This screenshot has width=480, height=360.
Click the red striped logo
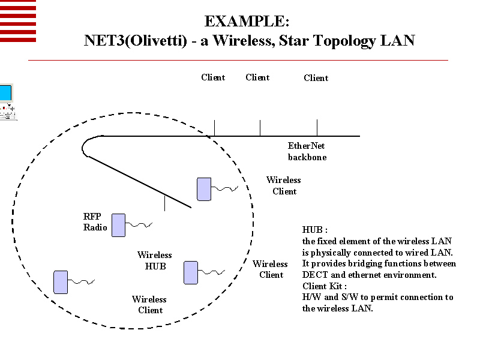(x=17, y=21)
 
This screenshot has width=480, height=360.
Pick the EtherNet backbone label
(x=307, y=151)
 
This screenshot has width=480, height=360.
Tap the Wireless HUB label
(x=154, y=260)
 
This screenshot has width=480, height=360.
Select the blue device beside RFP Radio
(x=118, y=224)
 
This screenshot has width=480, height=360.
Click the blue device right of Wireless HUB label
(x=191, y=272)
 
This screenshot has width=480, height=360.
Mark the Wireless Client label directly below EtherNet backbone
(x=284, y=185)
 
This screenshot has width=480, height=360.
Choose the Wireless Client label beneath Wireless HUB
(x=149, y=304)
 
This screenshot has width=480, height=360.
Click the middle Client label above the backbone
(x=257, y=77)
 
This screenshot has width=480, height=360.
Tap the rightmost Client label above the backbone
(x=316, y=78)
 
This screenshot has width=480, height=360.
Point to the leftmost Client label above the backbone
(x=213, y=77)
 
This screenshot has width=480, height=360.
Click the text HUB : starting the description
(x=314, y=230)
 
